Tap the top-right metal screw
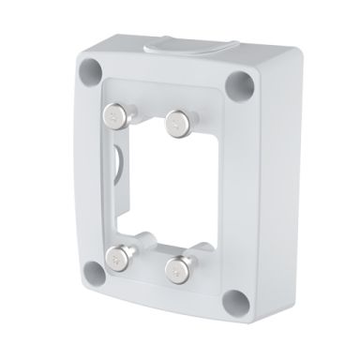pyautogui.click(x=175, y=119)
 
